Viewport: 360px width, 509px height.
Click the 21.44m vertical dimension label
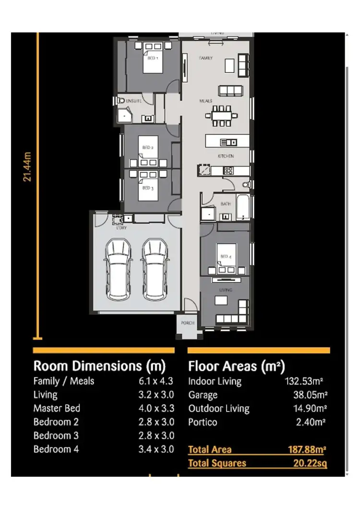pyautogui.click(x=27, y=167)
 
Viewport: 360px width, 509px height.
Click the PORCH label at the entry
pyautogui.click(x=188, y=323)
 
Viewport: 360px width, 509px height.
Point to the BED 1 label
pyautogui.click(x=152, y=58)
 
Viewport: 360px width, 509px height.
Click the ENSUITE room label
pyautogui.click(x=132, y=101)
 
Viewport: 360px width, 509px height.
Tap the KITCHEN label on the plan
pyautogui.click(x=226, y=157)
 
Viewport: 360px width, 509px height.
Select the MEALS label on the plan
pyautogui.click(x=206, y=101)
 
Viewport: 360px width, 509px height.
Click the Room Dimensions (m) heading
pyautogui.click(x=99, y=366)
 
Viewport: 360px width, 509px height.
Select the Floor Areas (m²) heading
pyautogui.click(x=236, y=367)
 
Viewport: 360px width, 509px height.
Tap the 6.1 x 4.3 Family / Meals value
pyautogui.click(x=156, y=381)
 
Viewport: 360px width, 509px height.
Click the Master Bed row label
pyautogui.click(x=57, y=409)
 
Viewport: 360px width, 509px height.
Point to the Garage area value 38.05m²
pyautogui.click(x=310, y=395)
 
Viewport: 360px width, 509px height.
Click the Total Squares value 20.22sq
pyautogui.click(x=310, y=463)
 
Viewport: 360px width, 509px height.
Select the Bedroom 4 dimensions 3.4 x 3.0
pyautogui.click(x=156, y=449)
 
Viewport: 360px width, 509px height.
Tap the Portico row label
pyautogui.click(x=203, y=423)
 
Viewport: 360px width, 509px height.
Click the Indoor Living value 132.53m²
pyautogui.click(x=303, y=382)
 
